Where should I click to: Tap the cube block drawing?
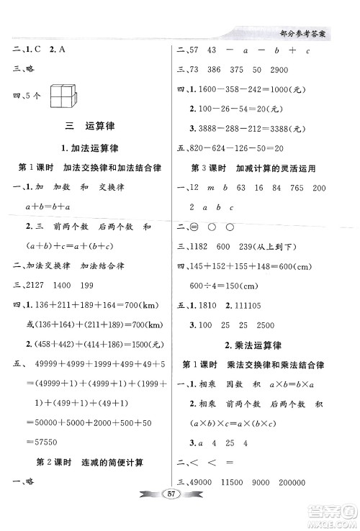point(66,96)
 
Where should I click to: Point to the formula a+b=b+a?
point(46,206)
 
